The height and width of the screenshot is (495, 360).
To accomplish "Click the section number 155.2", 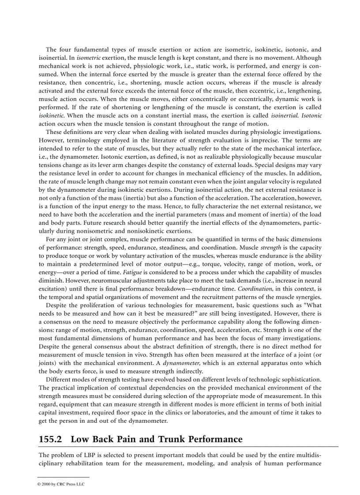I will click(51, 439).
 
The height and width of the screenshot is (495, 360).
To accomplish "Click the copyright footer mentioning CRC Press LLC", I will click(61, 484).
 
